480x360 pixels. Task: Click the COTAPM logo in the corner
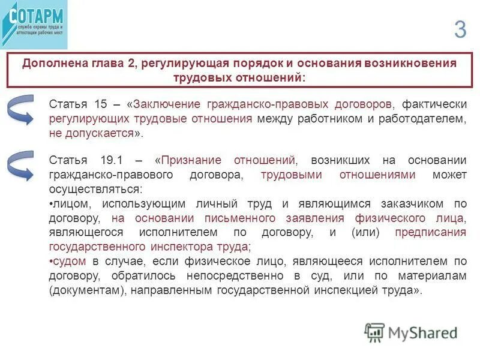pyautogui.click(x=34, y=24)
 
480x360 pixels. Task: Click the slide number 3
pyautogui.click(x=460, y=29)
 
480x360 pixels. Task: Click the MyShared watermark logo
pyautogui.click(x=412, y=332)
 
